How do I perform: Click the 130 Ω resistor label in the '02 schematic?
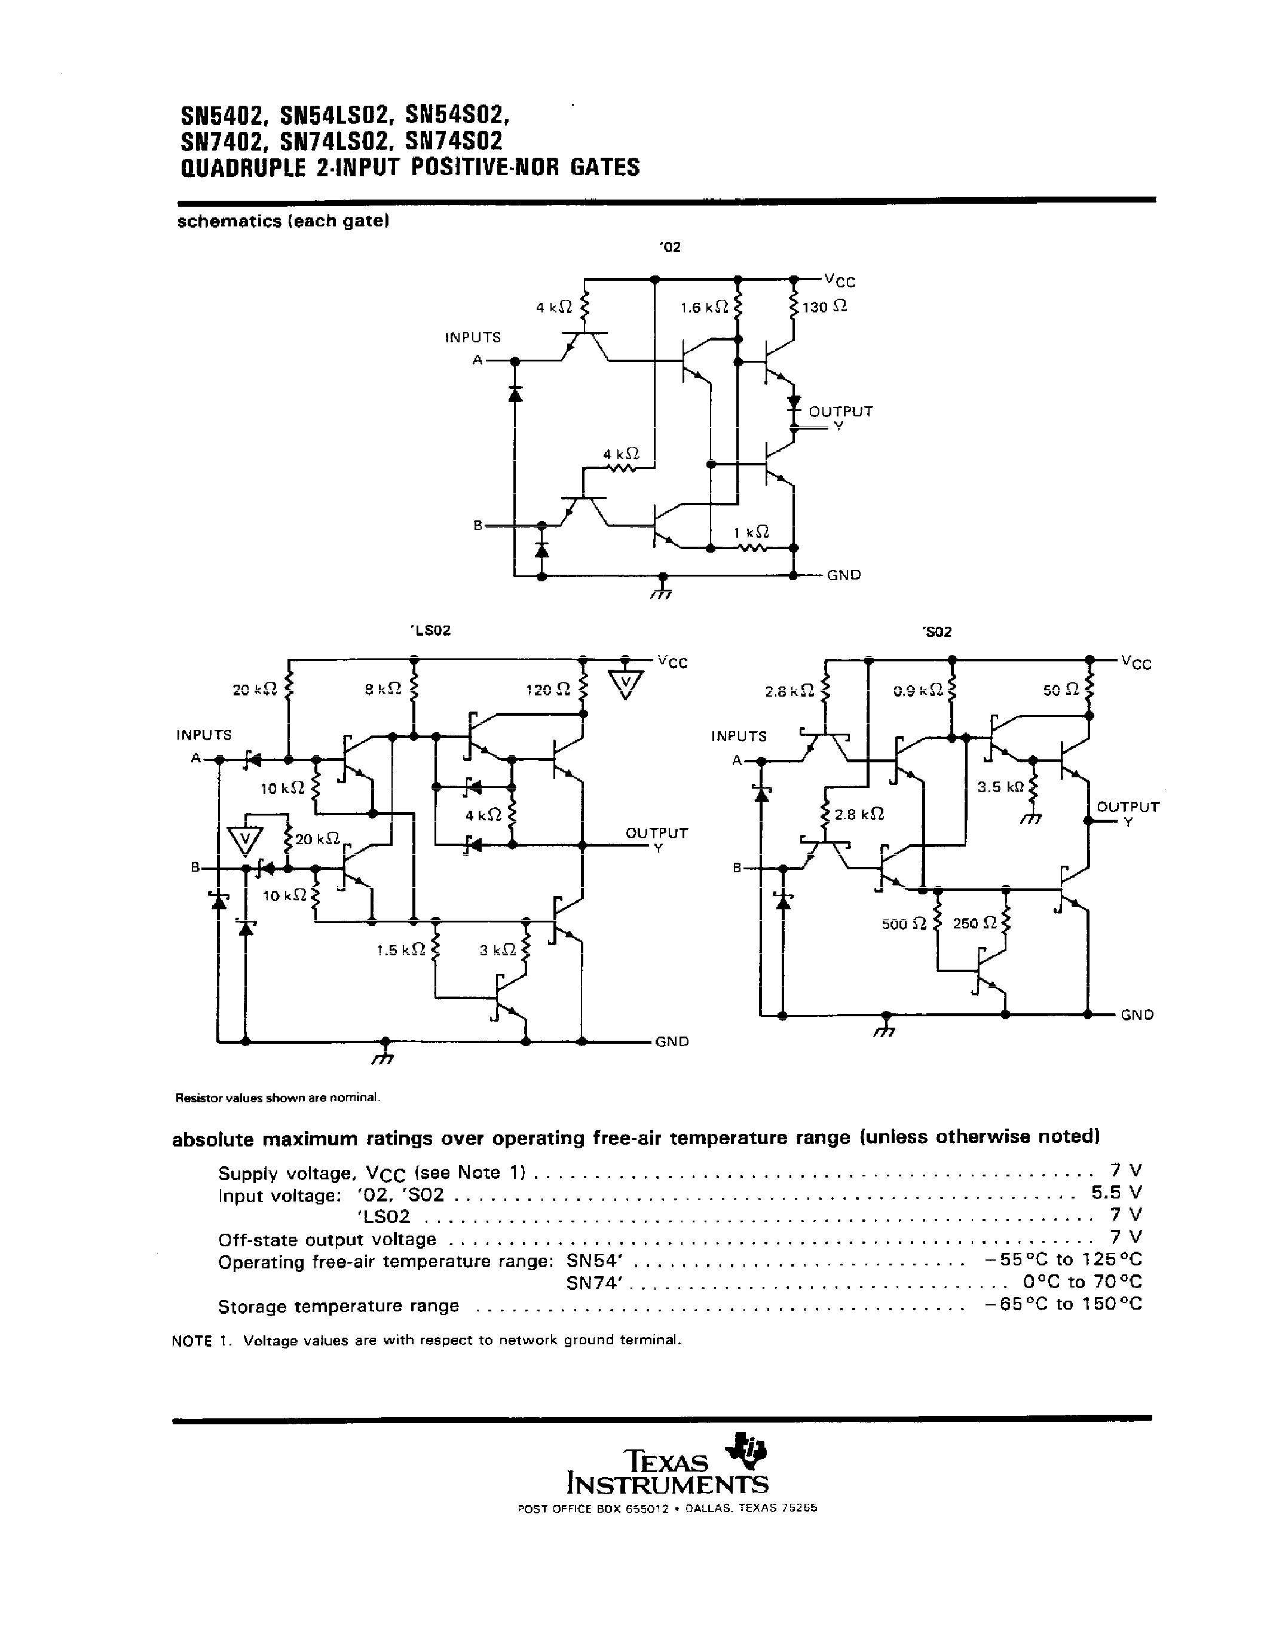pos(825,307)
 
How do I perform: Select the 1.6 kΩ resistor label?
pos(703,307)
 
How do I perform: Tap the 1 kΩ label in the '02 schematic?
pos(750,532)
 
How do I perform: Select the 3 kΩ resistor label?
pos(497,950)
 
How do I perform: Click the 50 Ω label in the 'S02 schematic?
pos(1061,690)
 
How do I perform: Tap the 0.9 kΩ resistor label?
pos(918,690)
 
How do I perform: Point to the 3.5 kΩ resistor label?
pos(1000,787)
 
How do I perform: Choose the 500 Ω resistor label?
pos(904,924)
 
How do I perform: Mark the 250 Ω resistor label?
pos(976,923)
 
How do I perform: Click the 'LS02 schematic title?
pos(430,630)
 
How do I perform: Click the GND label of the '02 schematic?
pos(843,575)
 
